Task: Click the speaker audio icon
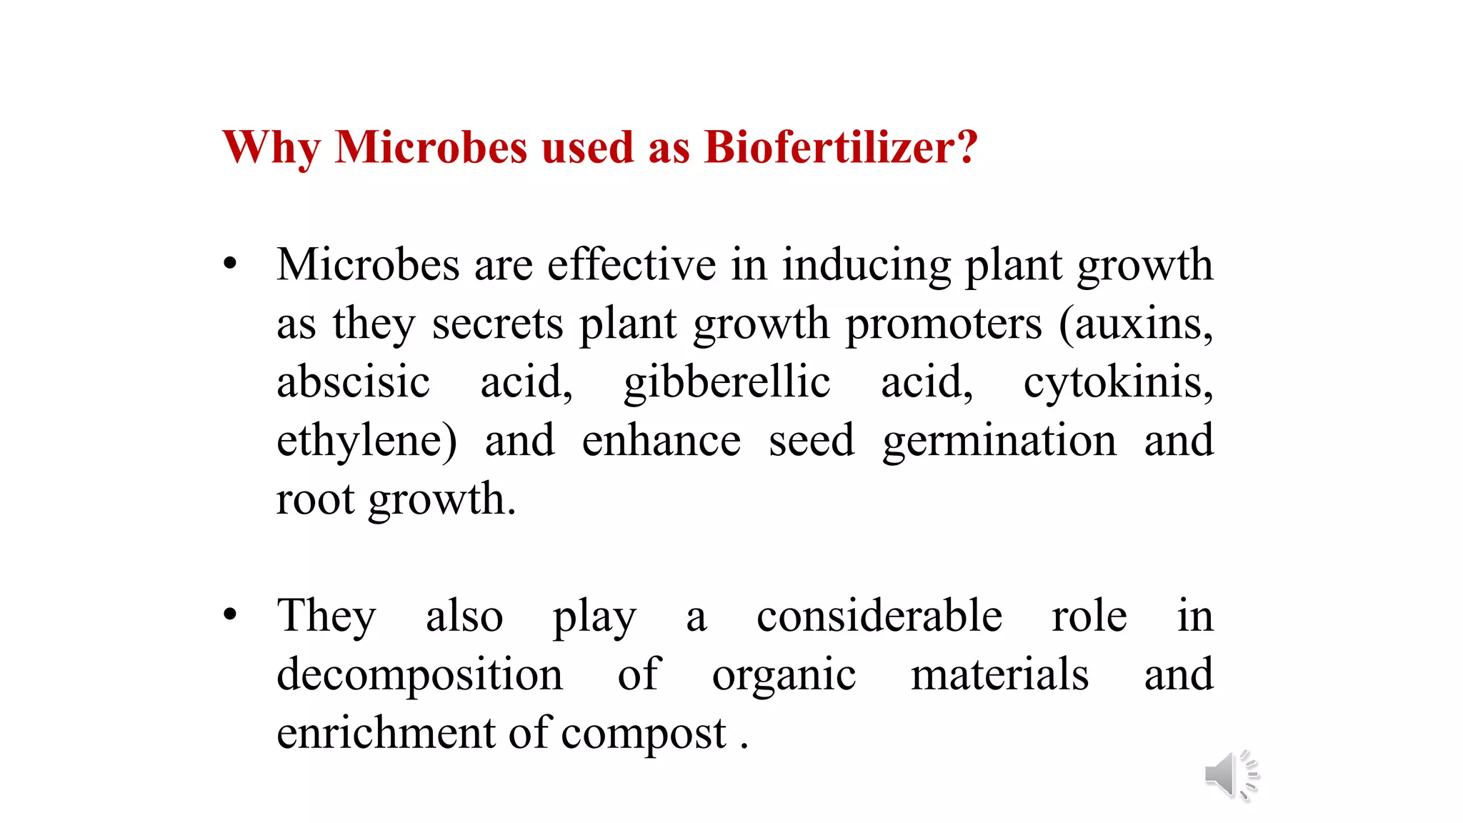1230,776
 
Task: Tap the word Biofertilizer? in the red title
840,148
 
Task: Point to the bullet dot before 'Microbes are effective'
229,264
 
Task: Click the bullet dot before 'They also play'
229,614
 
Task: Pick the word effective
631,264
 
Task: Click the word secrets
497,324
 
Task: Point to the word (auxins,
1136,324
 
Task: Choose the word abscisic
353,381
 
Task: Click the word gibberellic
726,383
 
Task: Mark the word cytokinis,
1118,383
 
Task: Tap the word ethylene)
366,442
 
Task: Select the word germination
999,442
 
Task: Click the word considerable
879,616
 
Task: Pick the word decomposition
419,675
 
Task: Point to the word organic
784,675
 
